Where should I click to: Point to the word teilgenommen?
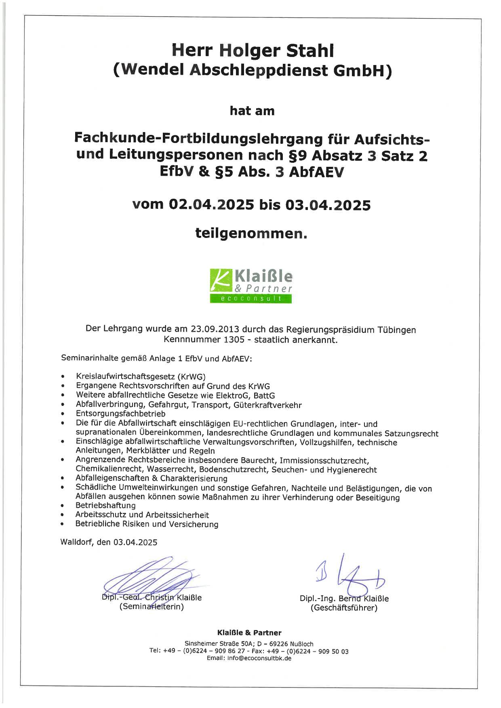click(251, 233)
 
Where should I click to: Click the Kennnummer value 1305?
click(233, 340)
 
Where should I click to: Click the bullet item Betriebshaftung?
click(105, 505)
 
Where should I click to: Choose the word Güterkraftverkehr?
click(267, 405)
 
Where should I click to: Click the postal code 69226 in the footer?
click(280, 644)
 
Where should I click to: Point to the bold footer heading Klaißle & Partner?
click(249, 632)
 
